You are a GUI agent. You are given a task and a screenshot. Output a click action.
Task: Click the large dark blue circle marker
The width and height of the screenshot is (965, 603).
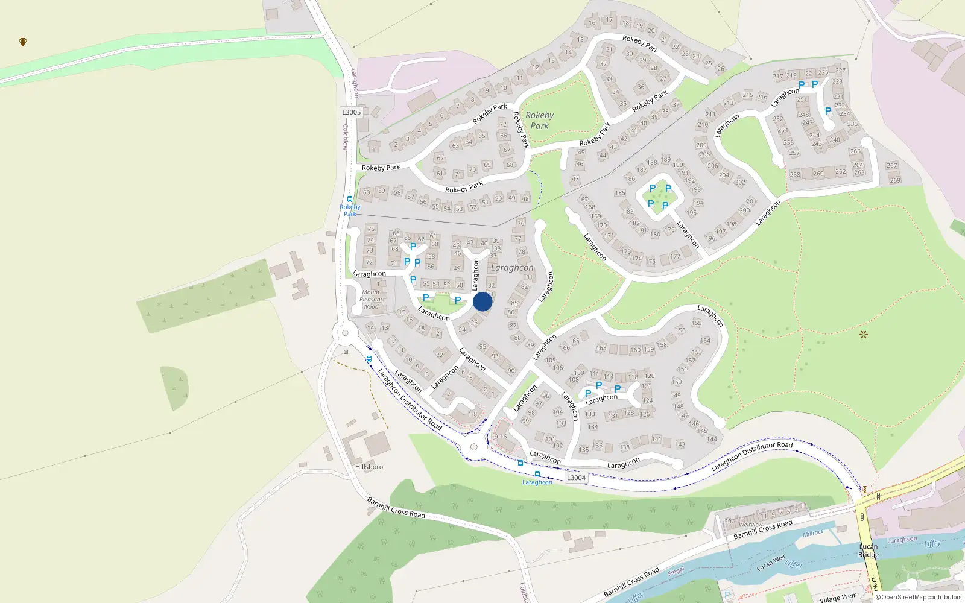(x=482, y=301)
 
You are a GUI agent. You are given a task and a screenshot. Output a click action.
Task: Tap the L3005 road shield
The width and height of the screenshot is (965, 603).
(x=351, y=112)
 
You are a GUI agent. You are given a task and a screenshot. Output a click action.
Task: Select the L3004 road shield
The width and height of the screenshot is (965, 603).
(x=576, y=478)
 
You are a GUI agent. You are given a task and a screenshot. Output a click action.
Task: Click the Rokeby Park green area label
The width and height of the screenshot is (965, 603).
(x=539, y=121)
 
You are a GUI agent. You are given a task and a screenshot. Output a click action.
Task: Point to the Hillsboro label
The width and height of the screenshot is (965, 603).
(x=369, y=467)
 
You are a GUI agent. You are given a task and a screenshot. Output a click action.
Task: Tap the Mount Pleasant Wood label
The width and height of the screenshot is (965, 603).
(x=371, y=300)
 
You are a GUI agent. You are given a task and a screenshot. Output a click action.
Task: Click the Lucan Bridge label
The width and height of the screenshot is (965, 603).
(x=868, y=551)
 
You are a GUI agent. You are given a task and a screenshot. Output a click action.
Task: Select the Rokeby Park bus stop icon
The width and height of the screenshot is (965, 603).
(x=350, y=199)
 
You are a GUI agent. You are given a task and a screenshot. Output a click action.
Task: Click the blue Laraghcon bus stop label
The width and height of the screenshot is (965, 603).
(x=537, y=482)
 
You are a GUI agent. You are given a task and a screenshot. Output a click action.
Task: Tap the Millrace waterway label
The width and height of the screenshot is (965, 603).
(x=813, y=534)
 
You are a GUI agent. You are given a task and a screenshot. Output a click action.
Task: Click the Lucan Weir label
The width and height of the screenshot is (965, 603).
(x=771, y=563)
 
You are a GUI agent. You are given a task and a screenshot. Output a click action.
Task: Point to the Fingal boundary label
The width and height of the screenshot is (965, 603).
(x=675, y=570)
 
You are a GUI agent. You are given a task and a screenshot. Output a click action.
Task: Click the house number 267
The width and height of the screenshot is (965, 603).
(x=891, y=166)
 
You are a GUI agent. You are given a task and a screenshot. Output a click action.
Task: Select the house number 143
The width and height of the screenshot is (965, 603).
(x=680, y=444)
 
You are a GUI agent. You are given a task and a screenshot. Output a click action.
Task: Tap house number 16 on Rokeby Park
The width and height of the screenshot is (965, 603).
(x=592, y=23)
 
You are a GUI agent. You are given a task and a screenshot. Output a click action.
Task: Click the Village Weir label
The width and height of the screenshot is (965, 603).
(x=837, y=598)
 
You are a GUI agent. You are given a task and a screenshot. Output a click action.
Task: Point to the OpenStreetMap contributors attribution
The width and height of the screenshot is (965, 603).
(x=919, y=598)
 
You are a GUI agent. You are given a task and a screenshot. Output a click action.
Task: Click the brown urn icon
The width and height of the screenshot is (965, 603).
(x=23, y=42)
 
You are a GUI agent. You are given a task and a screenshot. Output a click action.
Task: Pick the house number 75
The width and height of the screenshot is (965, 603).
(x=371, y=229)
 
